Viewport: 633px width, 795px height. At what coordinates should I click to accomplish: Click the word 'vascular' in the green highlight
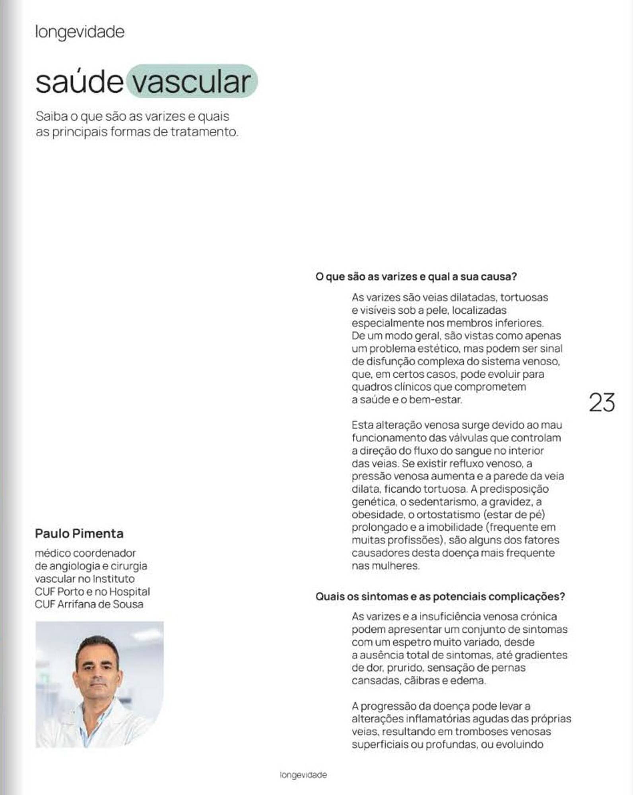pyautogui.click(x=192, y=81)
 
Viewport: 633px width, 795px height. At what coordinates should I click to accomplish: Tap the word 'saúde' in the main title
pyautogui.click(x=79, y=81)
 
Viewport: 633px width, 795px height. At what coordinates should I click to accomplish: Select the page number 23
pyautogui.click(x=602, y=402)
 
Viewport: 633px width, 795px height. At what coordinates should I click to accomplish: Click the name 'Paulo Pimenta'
pyautogui.click(x=79, y=533)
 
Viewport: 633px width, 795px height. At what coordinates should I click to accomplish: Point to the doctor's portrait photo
pyautogui.click(x=99, y=684)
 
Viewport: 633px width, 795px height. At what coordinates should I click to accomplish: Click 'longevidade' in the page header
pyautogui.click(x=80, y=32)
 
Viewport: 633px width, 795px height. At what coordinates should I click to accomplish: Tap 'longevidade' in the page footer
pyautogui.click(x=303, y=775)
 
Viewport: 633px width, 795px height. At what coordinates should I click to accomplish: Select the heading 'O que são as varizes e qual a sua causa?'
pyautogui.click(x=416, y=277)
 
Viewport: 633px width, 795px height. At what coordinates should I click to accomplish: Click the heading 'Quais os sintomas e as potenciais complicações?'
pyautogui.click(x=440, y=596)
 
